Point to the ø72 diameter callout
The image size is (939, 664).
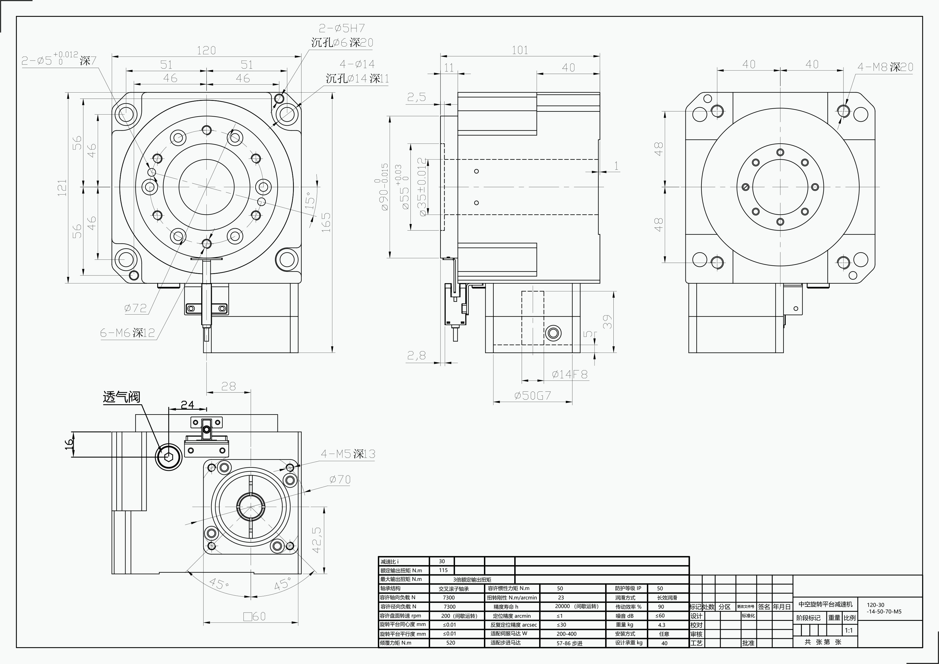(x=135, y=308)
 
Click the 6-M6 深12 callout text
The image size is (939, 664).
(x=127, y=333)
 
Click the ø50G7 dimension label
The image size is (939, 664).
(x=533, y=396)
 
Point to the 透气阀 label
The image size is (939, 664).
(x=121, y=397)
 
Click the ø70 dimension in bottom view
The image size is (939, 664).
(x=340, y=480)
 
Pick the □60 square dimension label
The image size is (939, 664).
(x=254, y=616)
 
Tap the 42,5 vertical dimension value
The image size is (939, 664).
(x=317, y=540)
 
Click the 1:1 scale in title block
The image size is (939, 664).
(x=849, y=631)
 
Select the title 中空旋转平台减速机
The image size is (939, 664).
(x=825, y=604)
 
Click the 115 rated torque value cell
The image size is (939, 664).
(x=443, y=570)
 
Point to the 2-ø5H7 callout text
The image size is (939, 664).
(x=342, y=28)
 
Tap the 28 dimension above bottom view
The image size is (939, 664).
(x=229, y=386)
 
